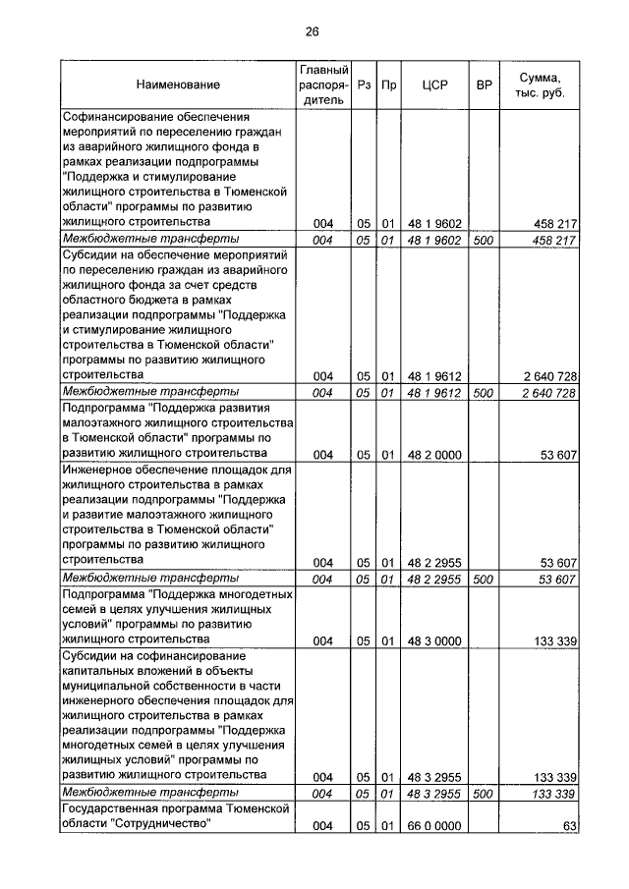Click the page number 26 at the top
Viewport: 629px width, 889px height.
coord(312,31)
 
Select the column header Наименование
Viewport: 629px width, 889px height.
coord(178,85)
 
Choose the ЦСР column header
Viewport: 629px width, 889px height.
coord(433,85)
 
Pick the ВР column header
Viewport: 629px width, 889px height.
coord(483,85)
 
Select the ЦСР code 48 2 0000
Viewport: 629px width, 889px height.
coord(433,454)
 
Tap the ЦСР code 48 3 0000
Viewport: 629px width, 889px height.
coord(433,641)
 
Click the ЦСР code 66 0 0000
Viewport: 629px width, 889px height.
coord(433,827)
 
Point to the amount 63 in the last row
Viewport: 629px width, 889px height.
coord(568,827)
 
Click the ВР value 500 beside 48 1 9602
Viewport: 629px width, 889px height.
coord(483,240)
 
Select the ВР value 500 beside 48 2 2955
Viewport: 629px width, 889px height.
coord(483,580)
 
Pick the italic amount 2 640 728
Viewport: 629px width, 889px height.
coord(543,393)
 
